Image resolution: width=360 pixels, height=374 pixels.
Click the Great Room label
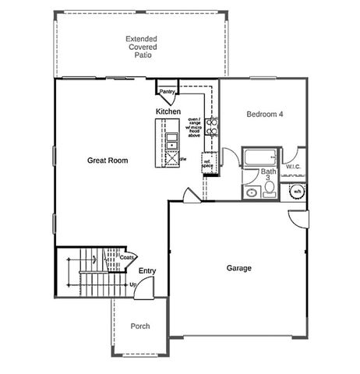[108, 161]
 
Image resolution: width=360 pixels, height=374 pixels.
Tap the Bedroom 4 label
[264, 115]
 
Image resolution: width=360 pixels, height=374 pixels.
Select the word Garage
[238, 268]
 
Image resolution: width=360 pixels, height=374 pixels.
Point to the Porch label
[139, 326]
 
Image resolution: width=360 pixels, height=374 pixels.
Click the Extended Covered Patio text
[141, 47]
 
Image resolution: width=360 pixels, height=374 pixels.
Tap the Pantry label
[167, 92]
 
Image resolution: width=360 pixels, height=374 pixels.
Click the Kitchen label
[168, 112]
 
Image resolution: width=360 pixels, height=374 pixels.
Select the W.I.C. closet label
[293, 167]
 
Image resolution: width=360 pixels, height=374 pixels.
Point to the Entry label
[146, 271]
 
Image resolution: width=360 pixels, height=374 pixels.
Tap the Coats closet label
[127, 257]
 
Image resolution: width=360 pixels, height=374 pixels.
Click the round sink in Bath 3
[252, 192]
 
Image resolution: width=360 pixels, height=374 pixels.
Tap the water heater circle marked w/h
[298, 190]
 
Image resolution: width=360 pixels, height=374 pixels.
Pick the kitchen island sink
[171, 140]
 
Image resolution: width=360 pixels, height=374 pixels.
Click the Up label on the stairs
[132, 284]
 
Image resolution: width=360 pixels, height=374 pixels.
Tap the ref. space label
[207, 164]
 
